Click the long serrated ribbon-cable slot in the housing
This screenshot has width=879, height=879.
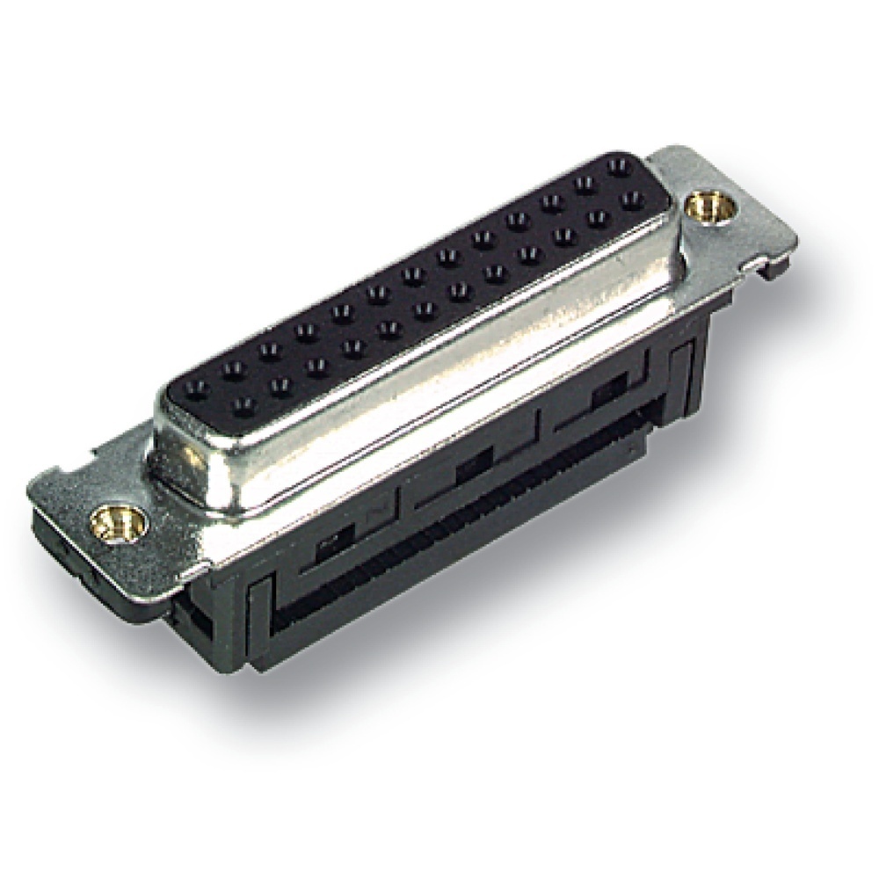pyautogui.click(x=457, y=527)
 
